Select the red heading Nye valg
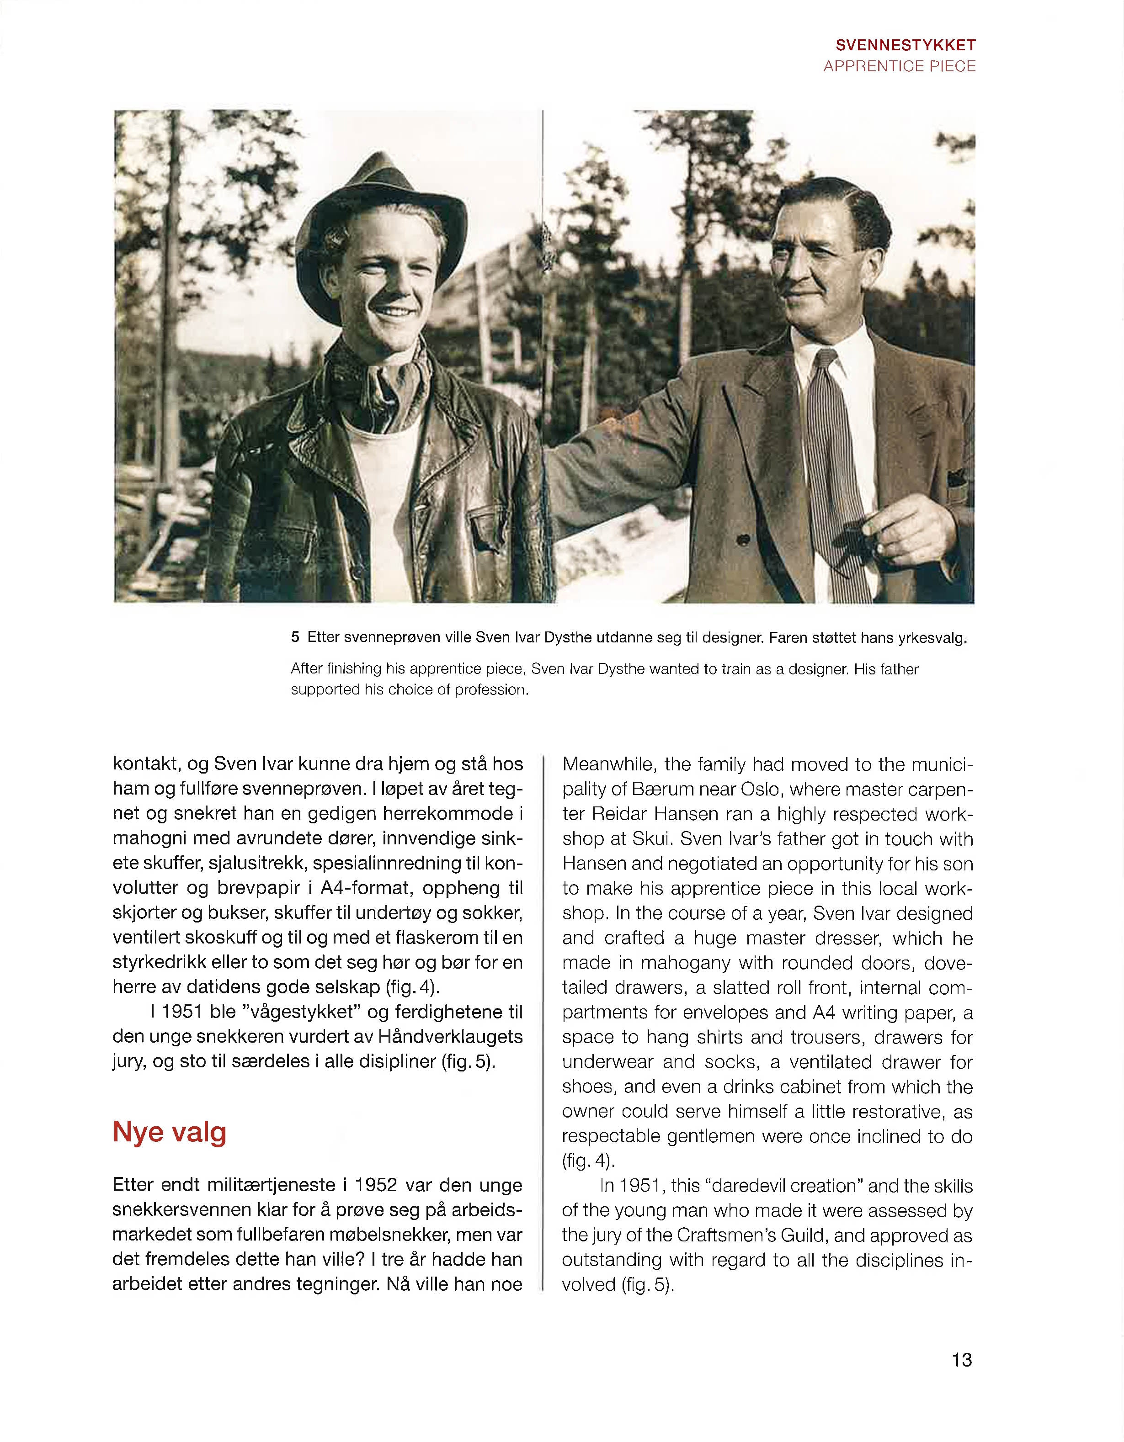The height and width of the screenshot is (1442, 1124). click(170, 1132)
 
